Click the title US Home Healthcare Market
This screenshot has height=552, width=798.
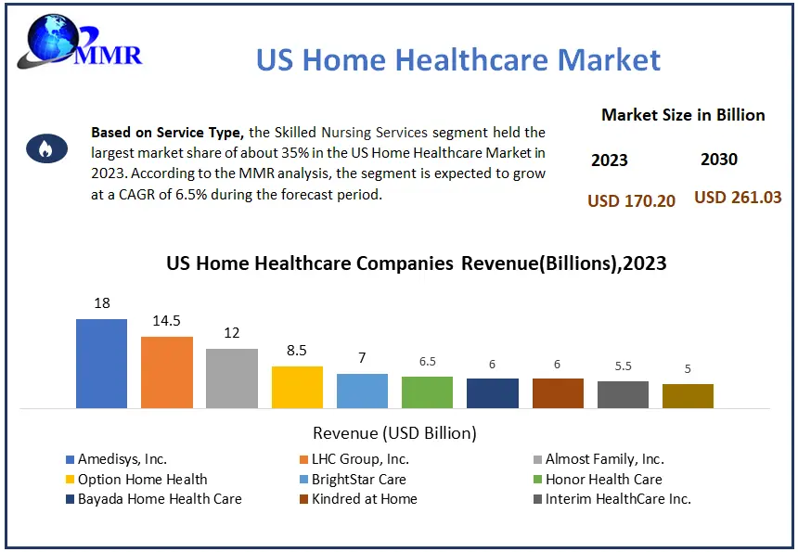click(458, 60)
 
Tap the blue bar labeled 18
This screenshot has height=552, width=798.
click(101, 363)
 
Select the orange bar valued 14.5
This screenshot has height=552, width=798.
click(167, 372)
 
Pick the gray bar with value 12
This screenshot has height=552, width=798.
click(232, 378)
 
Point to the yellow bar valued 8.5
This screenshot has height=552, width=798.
click(297, 387)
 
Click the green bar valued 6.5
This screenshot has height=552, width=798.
click(427, 392)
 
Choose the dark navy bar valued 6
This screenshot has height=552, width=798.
click(492, 392)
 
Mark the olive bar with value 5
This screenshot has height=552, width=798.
click(688, 395)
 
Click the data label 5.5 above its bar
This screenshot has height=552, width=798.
click(623, 366)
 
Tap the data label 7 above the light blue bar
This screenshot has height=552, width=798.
click(362, 358)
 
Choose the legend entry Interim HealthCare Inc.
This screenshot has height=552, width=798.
click(618, 499)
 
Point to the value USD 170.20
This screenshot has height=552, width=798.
click(632, 200)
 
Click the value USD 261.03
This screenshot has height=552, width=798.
click(738, 198)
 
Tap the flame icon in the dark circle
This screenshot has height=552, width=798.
click(45, 148)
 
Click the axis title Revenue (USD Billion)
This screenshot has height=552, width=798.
click(394, 433)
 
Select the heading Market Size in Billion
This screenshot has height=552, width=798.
click(683, 115)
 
